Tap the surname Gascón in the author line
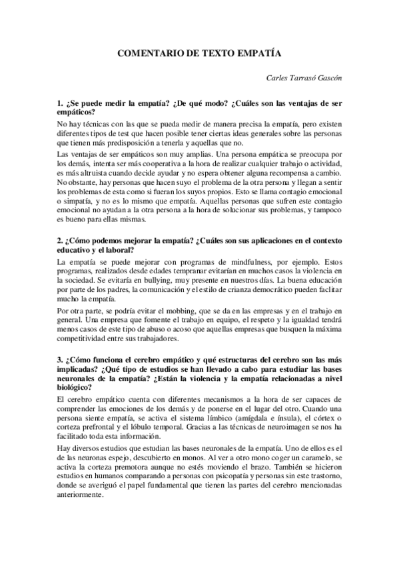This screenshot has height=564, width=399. point(324,77)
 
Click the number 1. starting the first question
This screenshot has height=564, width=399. point(60,104)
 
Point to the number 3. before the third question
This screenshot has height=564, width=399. point(60,360)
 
